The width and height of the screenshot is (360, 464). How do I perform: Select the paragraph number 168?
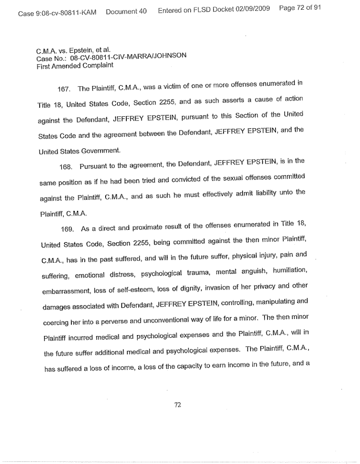point(65,178)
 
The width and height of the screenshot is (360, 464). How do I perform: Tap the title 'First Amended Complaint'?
point(69,65)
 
